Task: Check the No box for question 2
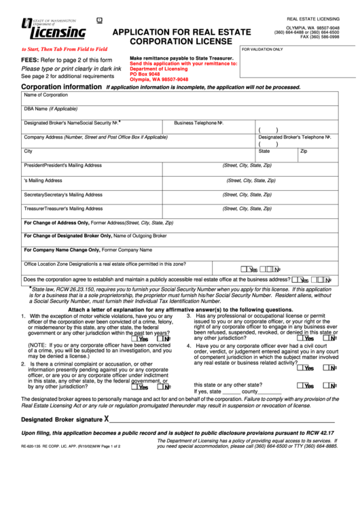click(x=163, y=387)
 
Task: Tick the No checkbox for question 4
click(x=328, y=368)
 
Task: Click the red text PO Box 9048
click(x=145, y=74)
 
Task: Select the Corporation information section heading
click(x=62, y=87)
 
